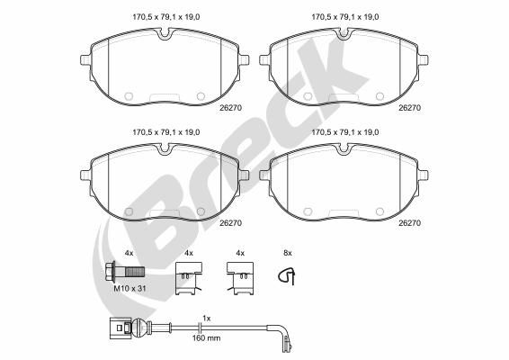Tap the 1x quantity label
207,318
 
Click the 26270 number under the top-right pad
410,107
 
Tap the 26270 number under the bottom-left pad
232,220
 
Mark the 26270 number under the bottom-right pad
410,220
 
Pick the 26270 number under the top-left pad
232,107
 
